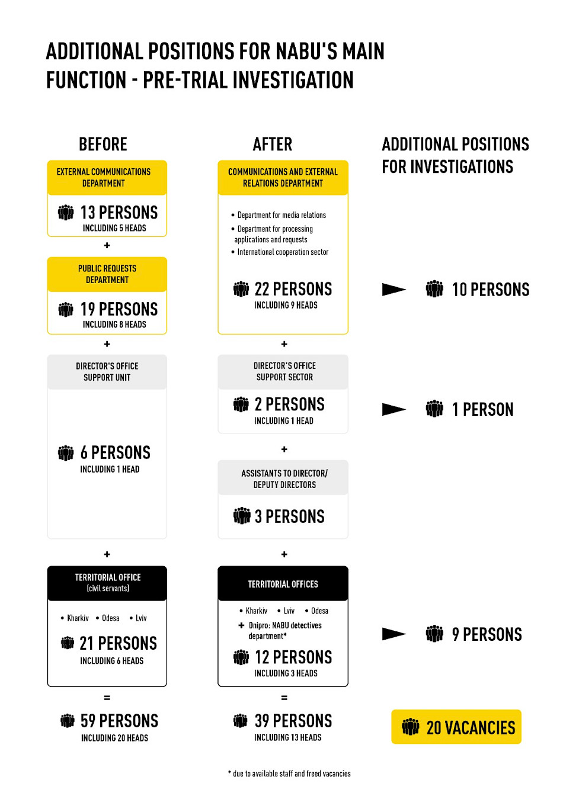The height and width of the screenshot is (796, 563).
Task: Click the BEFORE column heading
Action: click(x=103, y=145)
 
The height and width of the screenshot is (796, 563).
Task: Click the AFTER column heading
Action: click(x=273, y=145)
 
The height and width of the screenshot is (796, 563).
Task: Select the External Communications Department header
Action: click(x=107, y=177)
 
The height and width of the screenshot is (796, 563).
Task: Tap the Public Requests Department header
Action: click(x=107, y=274)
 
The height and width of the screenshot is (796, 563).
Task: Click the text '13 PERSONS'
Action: click(x=119, y=213)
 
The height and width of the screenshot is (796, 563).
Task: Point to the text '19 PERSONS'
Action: click(x=119, y=309)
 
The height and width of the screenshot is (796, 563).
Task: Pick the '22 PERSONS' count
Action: click(x=293, y=289)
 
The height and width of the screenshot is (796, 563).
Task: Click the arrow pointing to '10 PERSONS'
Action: click(x=394, y=289)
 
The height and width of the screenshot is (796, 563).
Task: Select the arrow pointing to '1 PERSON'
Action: click(x=394, y=409)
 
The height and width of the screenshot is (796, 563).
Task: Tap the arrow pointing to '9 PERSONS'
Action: click(x=394, y=634)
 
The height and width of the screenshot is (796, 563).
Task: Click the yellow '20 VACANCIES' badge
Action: click(x=456, y=727)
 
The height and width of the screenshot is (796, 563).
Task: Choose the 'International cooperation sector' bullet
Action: click(x=280, y=252)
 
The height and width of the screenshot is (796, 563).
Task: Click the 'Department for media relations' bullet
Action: click(x=279, y=215)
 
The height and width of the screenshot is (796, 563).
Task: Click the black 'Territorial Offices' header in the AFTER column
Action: click(x=283, y=583)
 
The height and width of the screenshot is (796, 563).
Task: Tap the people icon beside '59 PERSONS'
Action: click(x=67, y=721)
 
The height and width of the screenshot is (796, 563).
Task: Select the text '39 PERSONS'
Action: click(x=293, y=721)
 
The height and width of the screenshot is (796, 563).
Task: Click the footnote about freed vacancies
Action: click(x=289, y=773)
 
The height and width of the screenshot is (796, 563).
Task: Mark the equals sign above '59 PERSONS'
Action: click(x=107, y=698)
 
